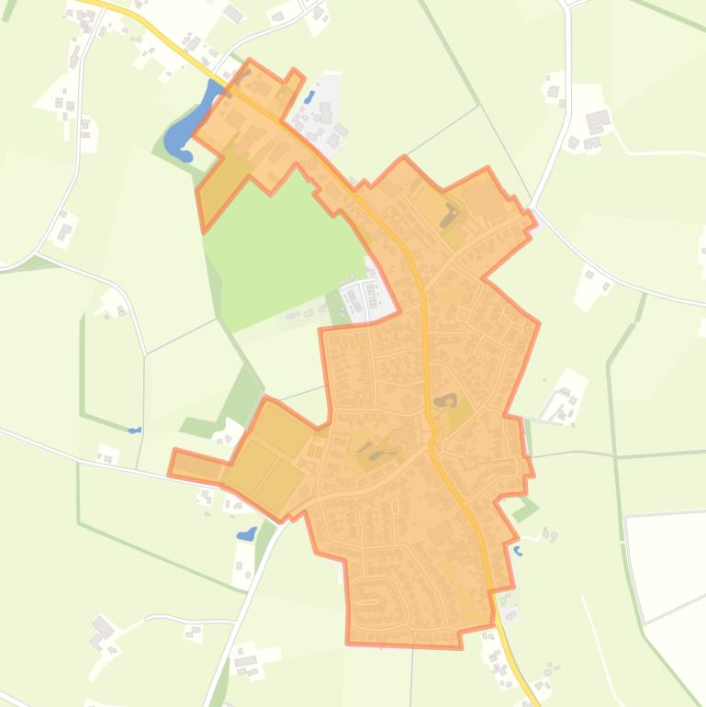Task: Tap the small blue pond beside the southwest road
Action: [x=246, y=533]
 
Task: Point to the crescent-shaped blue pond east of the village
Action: [x=518, y=552]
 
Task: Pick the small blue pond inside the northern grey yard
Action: [x=309, y=95]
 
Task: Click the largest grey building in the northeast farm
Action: [x=598, y=119]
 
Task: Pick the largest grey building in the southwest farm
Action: [x=102, y=628]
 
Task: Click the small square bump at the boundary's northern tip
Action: [x=295, y=75]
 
